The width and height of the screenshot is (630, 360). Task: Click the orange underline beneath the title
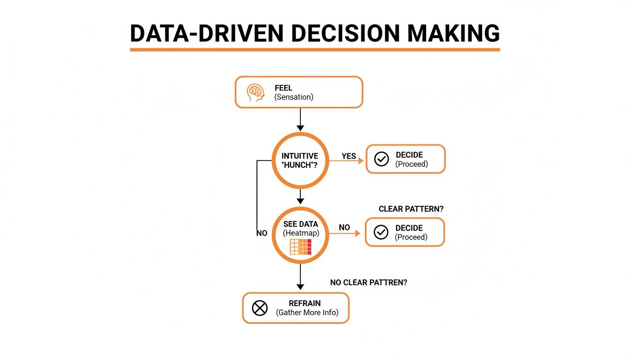[315, 49]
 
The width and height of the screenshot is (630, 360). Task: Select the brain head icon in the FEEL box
[255, 92]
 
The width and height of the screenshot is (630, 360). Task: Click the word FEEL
[283, 88]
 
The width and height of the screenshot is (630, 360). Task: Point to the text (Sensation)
[293, 97]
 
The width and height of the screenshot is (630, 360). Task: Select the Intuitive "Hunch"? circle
[300, 160]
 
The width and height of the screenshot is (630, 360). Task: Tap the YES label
[349, 156]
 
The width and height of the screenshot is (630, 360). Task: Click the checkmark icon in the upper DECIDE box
[382, 159]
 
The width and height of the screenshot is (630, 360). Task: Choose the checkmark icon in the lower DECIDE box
[381, 232]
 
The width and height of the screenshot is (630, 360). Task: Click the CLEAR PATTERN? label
[411, 209]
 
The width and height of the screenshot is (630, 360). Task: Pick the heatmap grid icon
[300, 247]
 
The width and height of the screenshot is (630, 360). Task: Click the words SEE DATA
[300, 225]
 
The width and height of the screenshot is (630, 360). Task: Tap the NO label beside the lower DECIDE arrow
[344, 228]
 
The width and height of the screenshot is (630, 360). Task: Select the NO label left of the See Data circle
[262, 233]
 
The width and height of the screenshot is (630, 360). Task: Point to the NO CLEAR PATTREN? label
[368, 283]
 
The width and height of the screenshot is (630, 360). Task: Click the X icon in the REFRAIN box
[259, 308]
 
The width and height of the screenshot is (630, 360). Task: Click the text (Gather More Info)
[307, 313]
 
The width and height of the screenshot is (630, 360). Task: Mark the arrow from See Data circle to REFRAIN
[300, 277]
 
